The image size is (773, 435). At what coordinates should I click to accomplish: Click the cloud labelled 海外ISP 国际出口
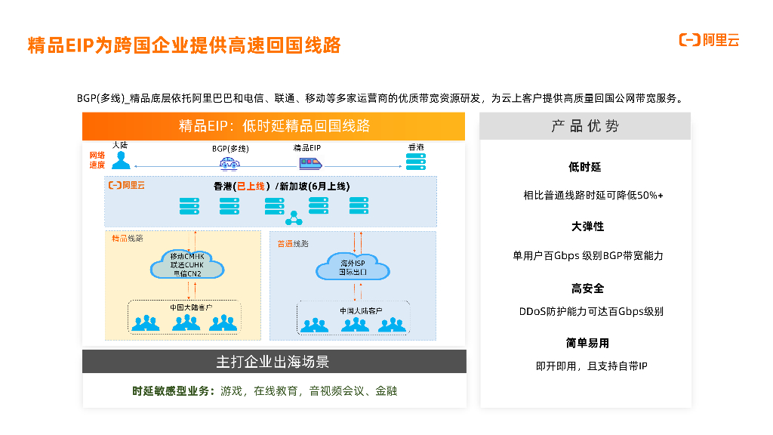click(353, 267)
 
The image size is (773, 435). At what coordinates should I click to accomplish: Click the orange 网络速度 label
click(97, 159)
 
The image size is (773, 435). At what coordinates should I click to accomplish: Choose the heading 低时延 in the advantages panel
click(585, 167)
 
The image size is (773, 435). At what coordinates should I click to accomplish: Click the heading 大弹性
click(587, 227)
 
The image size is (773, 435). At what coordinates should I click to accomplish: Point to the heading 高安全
click(587, 288)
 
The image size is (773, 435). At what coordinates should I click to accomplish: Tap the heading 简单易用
click(587, 343)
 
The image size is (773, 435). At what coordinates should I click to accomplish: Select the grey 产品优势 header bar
click(585, 126)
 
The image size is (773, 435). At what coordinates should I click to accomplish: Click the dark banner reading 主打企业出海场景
click(274, 362)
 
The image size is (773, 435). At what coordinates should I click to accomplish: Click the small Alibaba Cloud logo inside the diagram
click(126, 185)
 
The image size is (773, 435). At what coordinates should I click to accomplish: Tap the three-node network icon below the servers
click(294, 219)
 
